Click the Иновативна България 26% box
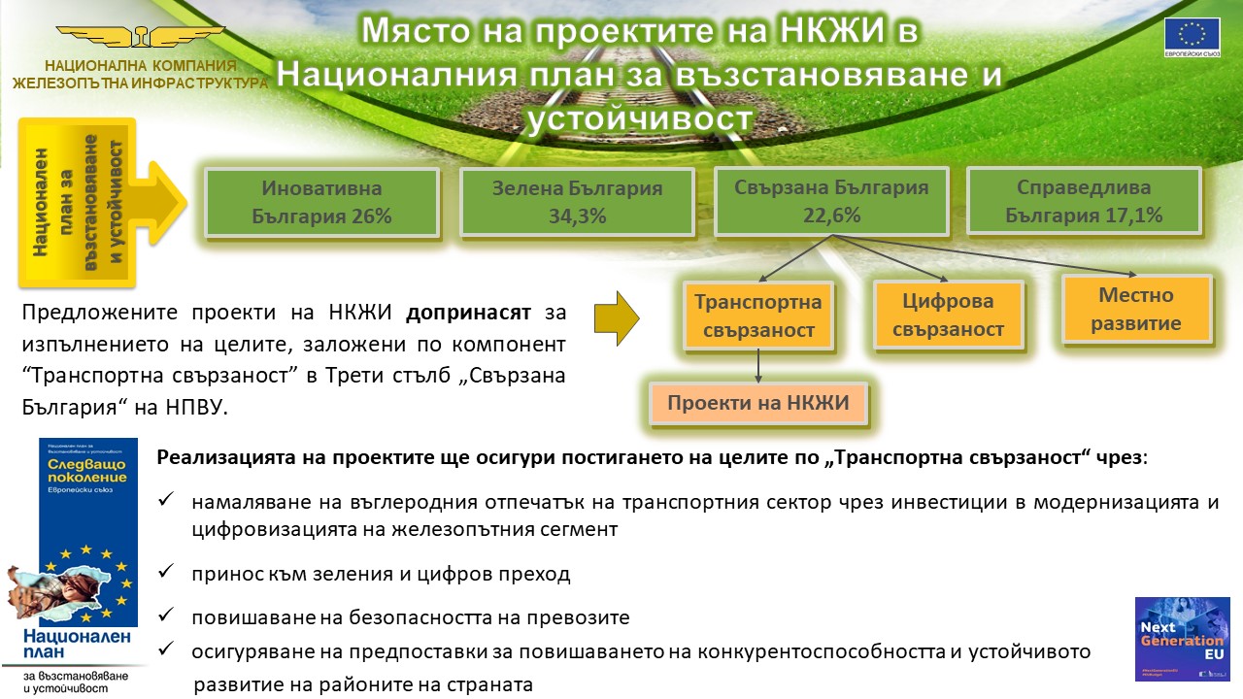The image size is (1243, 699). [321, 202]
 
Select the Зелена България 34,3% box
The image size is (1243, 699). [576, 202]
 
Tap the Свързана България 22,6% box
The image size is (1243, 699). [831, 202]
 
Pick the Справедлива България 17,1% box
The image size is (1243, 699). [1084, 202]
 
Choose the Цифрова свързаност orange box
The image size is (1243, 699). [948, 316]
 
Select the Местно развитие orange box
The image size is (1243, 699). [1136, 309]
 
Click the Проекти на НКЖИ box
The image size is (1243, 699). [757, 403]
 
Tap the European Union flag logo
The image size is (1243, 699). [1192, 37]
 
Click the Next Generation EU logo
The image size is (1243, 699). [1182, 638]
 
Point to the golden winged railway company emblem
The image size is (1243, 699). [141, 39]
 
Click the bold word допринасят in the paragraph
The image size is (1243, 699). [468, 313]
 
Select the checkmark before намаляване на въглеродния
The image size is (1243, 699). [166, 500]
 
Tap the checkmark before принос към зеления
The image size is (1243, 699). [166, 573]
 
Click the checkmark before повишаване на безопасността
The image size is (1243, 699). [166, 616]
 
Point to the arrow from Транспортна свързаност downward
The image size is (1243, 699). [757, 364]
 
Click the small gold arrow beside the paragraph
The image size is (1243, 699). [617, 316]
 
